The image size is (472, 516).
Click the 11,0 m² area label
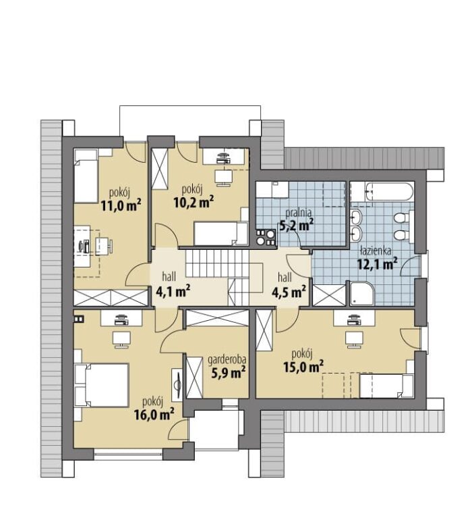121,206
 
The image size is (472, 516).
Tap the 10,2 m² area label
194,201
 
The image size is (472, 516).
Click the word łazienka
376,251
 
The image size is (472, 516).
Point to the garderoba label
227,361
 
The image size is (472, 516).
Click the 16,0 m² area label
154,415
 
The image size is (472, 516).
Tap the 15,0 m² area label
303,367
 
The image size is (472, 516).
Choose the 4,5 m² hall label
289,292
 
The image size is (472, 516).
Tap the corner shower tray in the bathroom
361,293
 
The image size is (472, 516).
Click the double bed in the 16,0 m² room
102,385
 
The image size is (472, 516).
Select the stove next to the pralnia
266,237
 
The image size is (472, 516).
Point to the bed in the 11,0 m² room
86,176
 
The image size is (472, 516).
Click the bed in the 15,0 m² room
386,386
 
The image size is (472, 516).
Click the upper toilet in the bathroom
401,218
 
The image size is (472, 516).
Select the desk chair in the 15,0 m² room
354,340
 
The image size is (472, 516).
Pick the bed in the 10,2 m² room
220,233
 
